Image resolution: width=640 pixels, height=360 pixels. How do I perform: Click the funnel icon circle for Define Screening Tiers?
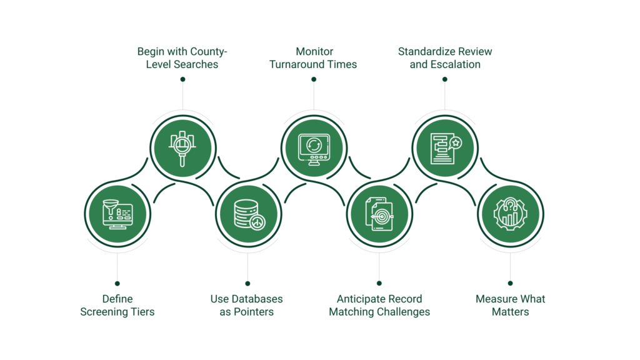[x=117, y=214]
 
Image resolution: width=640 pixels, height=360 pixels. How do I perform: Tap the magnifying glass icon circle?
[x=182, y=147]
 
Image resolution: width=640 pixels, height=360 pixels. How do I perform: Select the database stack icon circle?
[x=248, y=214]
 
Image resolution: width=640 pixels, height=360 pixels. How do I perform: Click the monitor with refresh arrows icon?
[x=313, y=147]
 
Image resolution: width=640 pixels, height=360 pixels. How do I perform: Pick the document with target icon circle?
[x=379, y=214]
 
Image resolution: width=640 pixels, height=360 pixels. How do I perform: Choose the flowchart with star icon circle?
[x=444, y=147]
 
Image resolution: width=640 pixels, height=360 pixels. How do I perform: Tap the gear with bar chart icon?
[x=510, y=214]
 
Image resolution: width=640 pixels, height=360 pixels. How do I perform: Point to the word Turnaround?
[x=297, y=64]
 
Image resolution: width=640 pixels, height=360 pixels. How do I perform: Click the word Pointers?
[x=254, y=311]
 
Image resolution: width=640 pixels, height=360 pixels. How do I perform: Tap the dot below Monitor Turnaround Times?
[x=313, y=79]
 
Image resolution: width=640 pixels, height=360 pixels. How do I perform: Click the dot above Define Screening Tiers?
[x=117, y=283]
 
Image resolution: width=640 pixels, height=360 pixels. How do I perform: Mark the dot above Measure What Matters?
[x=510, y=283]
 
